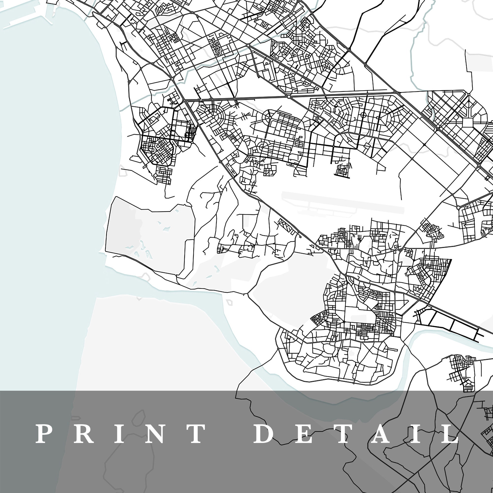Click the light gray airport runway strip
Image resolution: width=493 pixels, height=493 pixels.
point(342,202)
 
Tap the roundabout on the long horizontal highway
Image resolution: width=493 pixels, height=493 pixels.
point(288,97)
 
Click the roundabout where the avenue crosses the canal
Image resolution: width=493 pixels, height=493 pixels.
point(248,45)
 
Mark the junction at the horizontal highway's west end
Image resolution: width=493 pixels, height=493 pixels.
point(186,101)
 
